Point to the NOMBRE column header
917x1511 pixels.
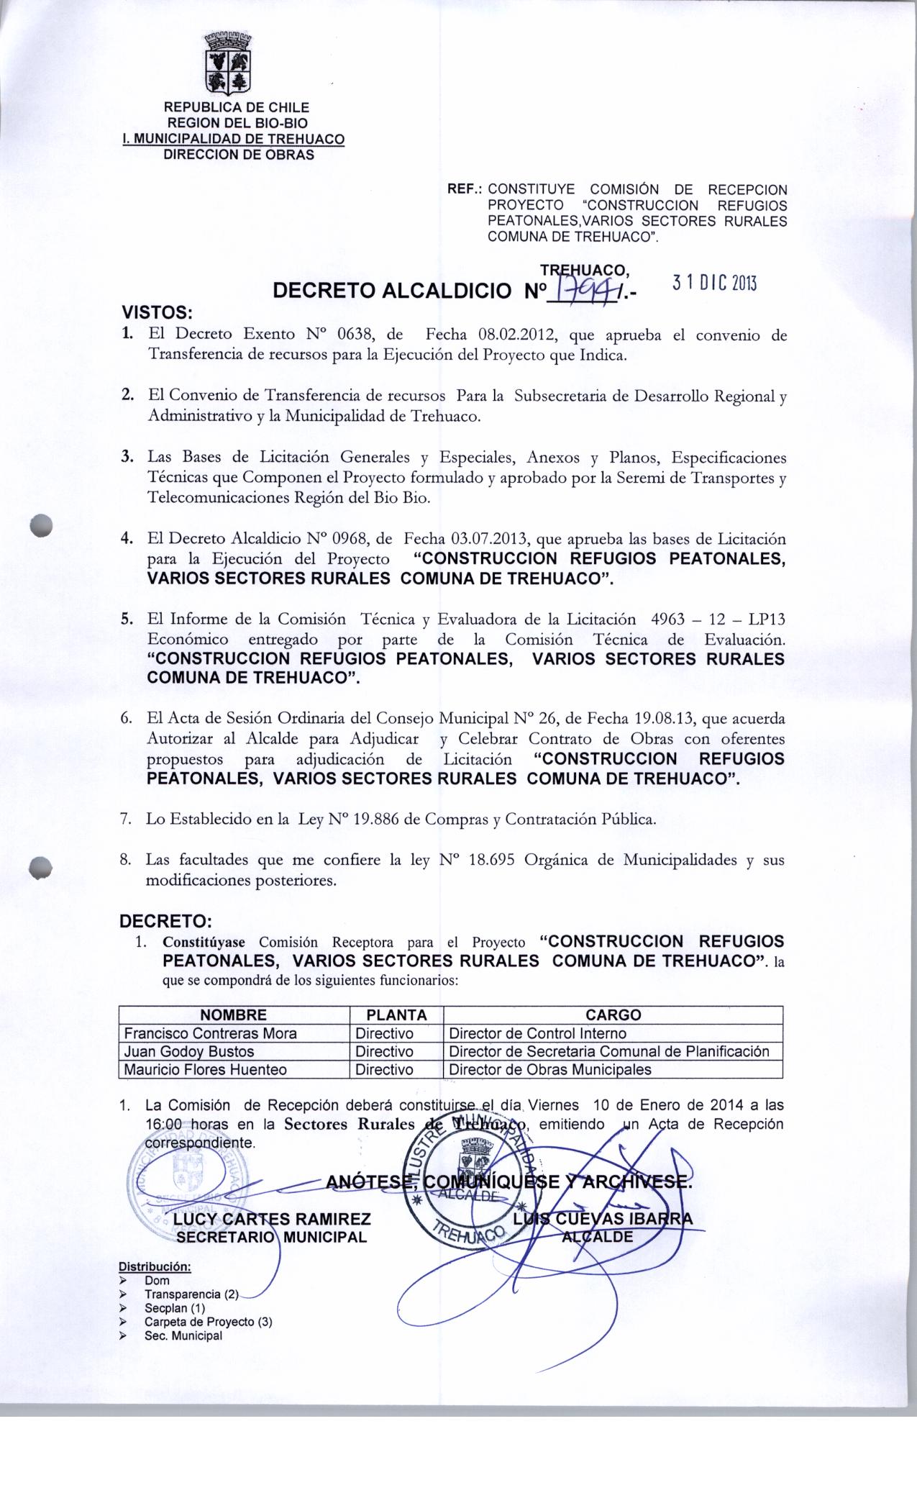coord(233,1015)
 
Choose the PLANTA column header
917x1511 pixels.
coord(396,1015)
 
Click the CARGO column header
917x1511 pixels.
coord(613,1015)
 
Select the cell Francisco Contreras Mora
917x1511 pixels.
coord(211,1033)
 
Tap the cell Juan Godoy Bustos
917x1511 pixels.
coord(185,1051)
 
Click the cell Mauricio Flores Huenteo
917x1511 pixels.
coord(206,1069)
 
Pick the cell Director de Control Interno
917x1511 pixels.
coord(537,1033)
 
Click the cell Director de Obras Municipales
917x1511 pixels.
coord(549,1069)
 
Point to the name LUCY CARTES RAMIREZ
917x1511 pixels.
coord(272,1218)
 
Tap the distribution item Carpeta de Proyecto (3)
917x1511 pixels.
coord(207,1322)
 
